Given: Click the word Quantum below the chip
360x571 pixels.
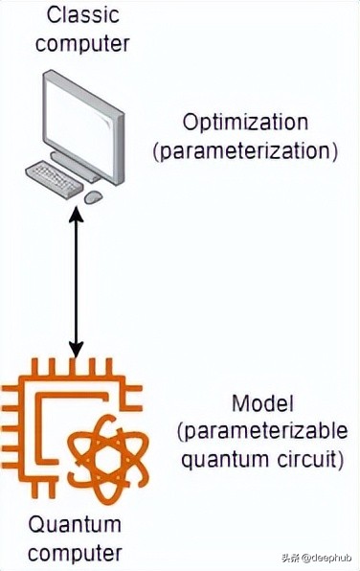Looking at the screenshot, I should click(76, 525).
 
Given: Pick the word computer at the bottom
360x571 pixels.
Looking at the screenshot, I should click(76, 552).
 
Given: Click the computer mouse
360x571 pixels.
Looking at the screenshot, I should click(94, 196).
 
